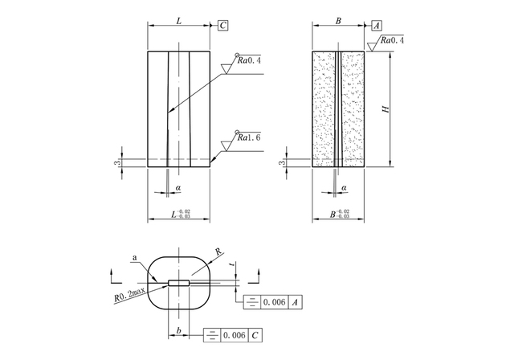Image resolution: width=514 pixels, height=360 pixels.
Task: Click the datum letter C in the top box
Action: point(223,26)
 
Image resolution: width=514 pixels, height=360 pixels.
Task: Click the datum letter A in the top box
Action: point(377,26)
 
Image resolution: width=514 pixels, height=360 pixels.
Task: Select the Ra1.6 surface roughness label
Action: point(249,137)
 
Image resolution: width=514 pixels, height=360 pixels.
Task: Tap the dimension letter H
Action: point(386,108)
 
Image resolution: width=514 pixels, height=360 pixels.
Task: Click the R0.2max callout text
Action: point(130,294)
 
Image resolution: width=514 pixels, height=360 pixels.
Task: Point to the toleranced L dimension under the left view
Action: point(181,214)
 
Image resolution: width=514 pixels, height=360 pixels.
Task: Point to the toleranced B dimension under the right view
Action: point(340,214)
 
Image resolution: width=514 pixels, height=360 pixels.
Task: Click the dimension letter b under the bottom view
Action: point(178,331)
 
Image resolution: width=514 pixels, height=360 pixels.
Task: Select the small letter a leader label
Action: point(134,258)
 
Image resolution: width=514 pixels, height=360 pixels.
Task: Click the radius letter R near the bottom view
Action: point(218,252)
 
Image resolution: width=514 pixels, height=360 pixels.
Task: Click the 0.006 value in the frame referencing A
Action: point(274,302)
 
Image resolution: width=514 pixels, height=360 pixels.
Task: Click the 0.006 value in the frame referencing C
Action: point(235,335)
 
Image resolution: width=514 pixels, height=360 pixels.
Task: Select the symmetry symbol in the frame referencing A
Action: point(251,302)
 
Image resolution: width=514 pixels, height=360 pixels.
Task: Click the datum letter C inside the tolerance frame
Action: point(255,335)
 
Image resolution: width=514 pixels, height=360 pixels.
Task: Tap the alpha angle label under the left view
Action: point(178,188)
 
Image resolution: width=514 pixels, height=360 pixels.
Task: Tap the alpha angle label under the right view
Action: point(344,188)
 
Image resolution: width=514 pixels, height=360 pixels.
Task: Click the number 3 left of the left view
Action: point(119,162)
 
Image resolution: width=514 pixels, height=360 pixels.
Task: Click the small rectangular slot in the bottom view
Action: point(178,283)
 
